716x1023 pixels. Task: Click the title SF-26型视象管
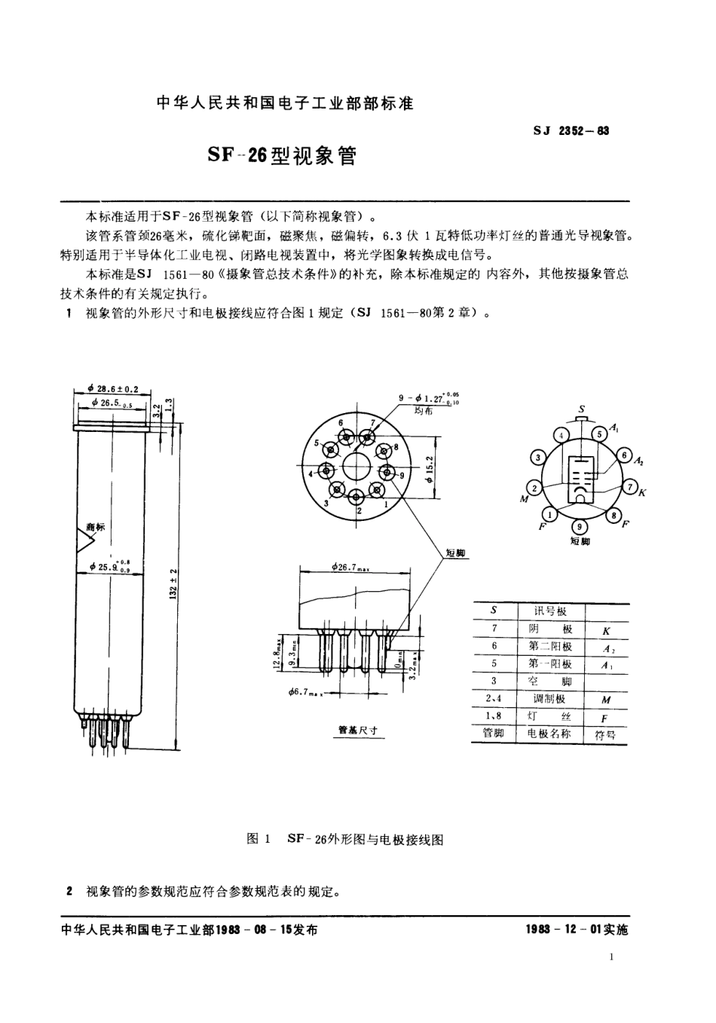pyautogui.click(x=281, y=156)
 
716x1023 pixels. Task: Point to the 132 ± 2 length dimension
pyautogui.click(x=173, y=582)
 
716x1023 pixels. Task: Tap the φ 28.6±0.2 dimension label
pyautogui.click(x=113, y=389)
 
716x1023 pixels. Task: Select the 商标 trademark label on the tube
pyautogui.click(x=96, y=527)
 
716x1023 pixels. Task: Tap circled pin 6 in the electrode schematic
pyautogui.click(x=624, y=455)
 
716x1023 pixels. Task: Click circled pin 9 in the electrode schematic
pyautogui.click(x=579, y=526)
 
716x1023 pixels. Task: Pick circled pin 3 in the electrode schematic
pyautogui.click(x=537, y=458)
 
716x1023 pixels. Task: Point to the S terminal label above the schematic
pyautogui.click(x=581, y=409)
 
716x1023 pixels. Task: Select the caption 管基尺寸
pyautogui.click(x=357, y=730)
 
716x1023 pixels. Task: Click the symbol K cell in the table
pyautogui.click(x=605, y=629)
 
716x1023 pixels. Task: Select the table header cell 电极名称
pyautogui.click(x=549, y=734)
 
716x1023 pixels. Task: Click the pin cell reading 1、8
pyautogui.click(x=494, y=716)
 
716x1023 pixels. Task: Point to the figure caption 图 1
pyautogui.click(x=259, y=839)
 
